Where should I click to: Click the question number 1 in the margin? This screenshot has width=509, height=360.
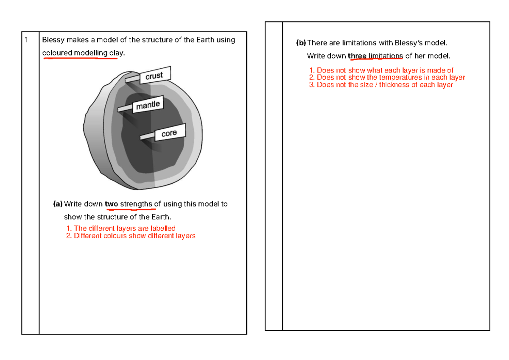pyautogui.click(x=26, y=40)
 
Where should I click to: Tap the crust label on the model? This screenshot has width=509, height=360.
pyautogui.click(x=154, y=76)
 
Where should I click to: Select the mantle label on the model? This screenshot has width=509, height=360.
pyautogui.click(x=148, y=105)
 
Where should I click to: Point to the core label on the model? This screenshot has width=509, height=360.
pyautogui.click(x=169, y=134)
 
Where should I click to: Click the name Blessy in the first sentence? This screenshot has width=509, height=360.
pyautogui.click(x=53, y=40)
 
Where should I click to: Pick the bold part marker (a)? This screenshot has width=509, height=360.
pyautogui.click(x=58, y=204)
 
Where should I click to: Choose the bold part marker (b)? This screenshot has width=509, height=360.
pyautogui.click(x=301, y=43)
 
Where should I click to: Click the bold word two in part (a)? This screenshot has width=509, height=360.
pyautogui.click(x=111, y=204)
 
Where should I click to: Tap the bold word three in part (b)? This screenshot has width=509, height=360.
pyautogui.click(x=357, y=56)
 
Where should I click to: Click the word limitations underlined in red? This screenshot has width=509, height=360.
pyautogui.click(x=386, y=56)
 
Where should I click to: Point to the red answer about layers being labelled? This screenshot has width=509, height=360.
pyautogui.click(x=121, y=229)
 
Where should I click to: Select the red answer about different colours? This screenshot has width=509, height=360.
pyautogui.click(x=131, y=236)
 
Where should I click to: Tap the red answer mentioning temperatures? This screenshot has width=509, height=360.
pyautogui.click(x=387, y=78)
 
